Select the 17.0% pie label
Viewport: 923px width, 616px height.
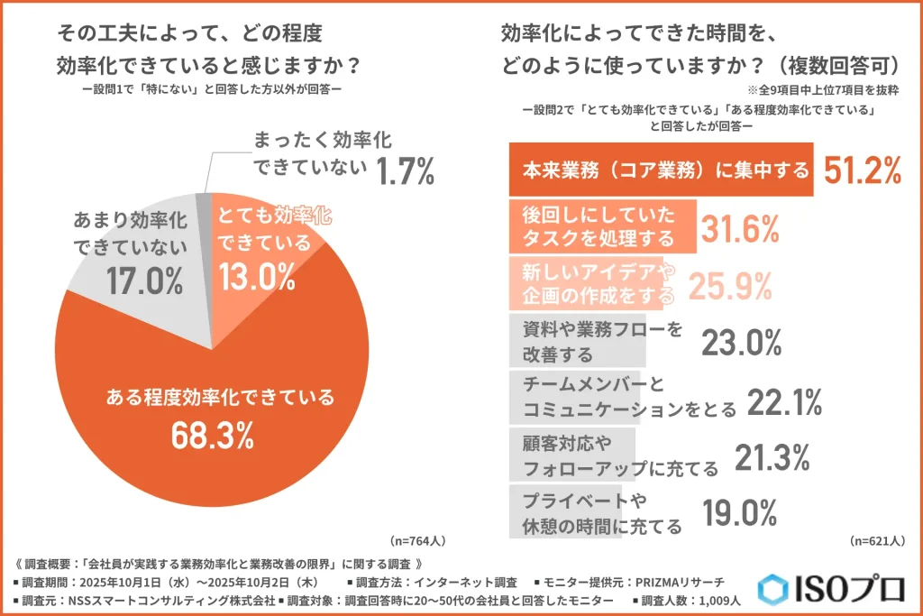tap(143, 281)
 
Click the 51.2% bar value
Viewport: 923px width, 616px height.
tap(858, 169)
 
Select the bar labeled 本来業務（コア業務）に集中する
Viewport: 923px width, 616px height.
tap(663, 169)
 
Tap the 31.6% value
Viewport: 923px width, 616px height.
tap(741, 228)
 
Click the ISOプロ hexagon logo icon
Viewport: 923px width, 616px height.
tap(772, 589)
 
